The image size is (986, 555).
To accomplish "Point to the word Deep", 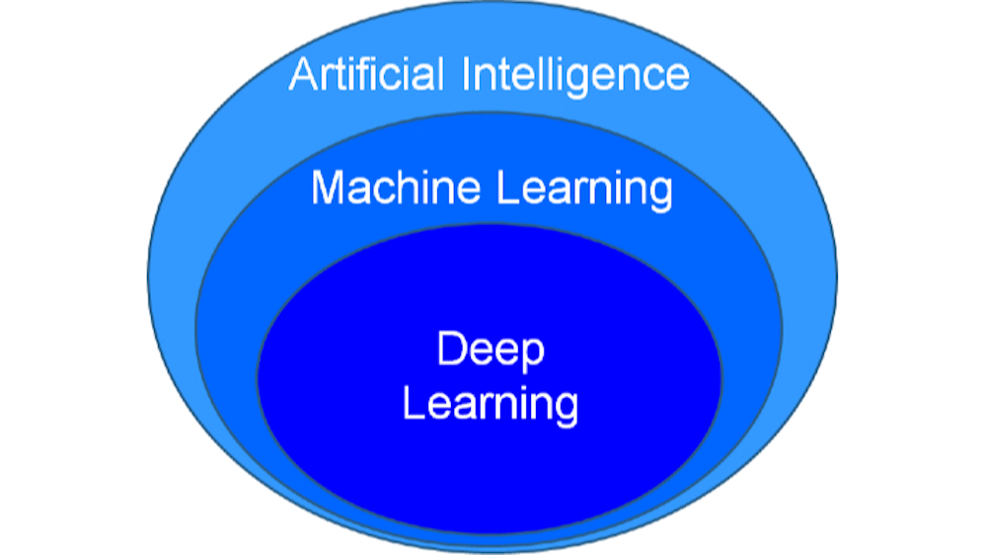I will (x=491, y=352).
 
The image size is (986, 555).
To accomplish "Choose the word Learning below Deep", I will (x=491, y=406).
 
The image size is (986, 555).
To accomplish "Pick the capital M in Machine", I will (x=328, y=188).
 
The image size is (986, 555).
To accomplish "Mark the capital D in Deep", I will (x=451, y=350).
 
